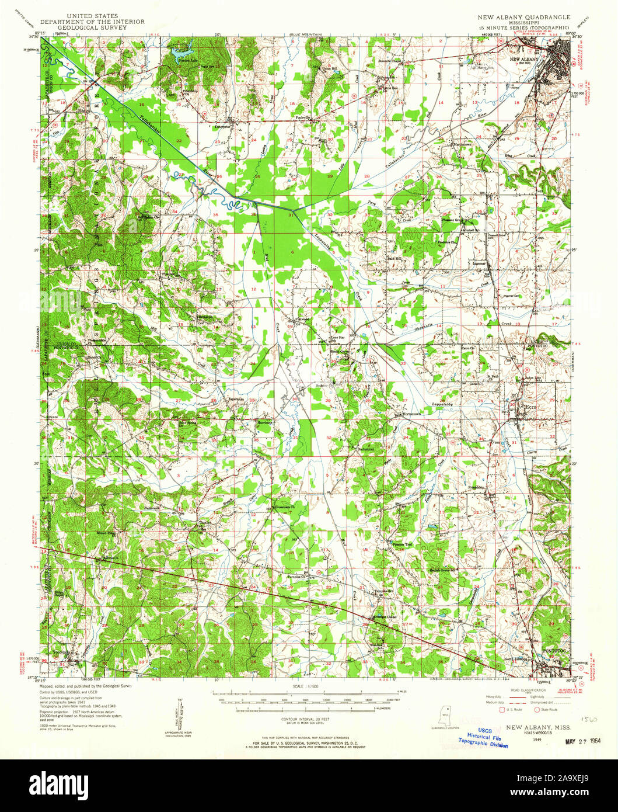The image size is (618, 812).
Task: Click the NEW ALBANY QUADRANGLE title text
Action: point(523,18)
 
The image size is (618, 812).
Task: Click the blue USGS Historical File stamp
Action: point(483,738)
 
